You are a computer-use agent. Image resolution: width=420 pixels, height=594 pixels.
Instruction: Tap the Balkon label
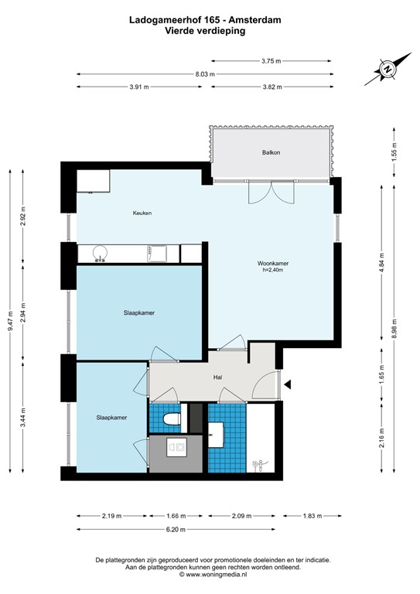click(271, 152)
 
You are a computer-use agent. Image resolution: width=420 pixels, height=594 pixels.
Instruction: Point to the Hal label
click(218, 378)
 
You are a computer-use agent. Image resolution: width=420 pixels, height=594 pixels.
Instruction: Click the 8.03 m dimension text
click(203, 74)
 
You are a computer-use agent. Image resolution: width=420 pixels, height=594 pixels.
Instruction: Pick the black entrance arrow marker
click(288, 384)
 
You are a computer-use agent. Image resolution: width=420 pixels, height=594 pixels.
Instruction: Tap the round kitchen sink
click(99, 252)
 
